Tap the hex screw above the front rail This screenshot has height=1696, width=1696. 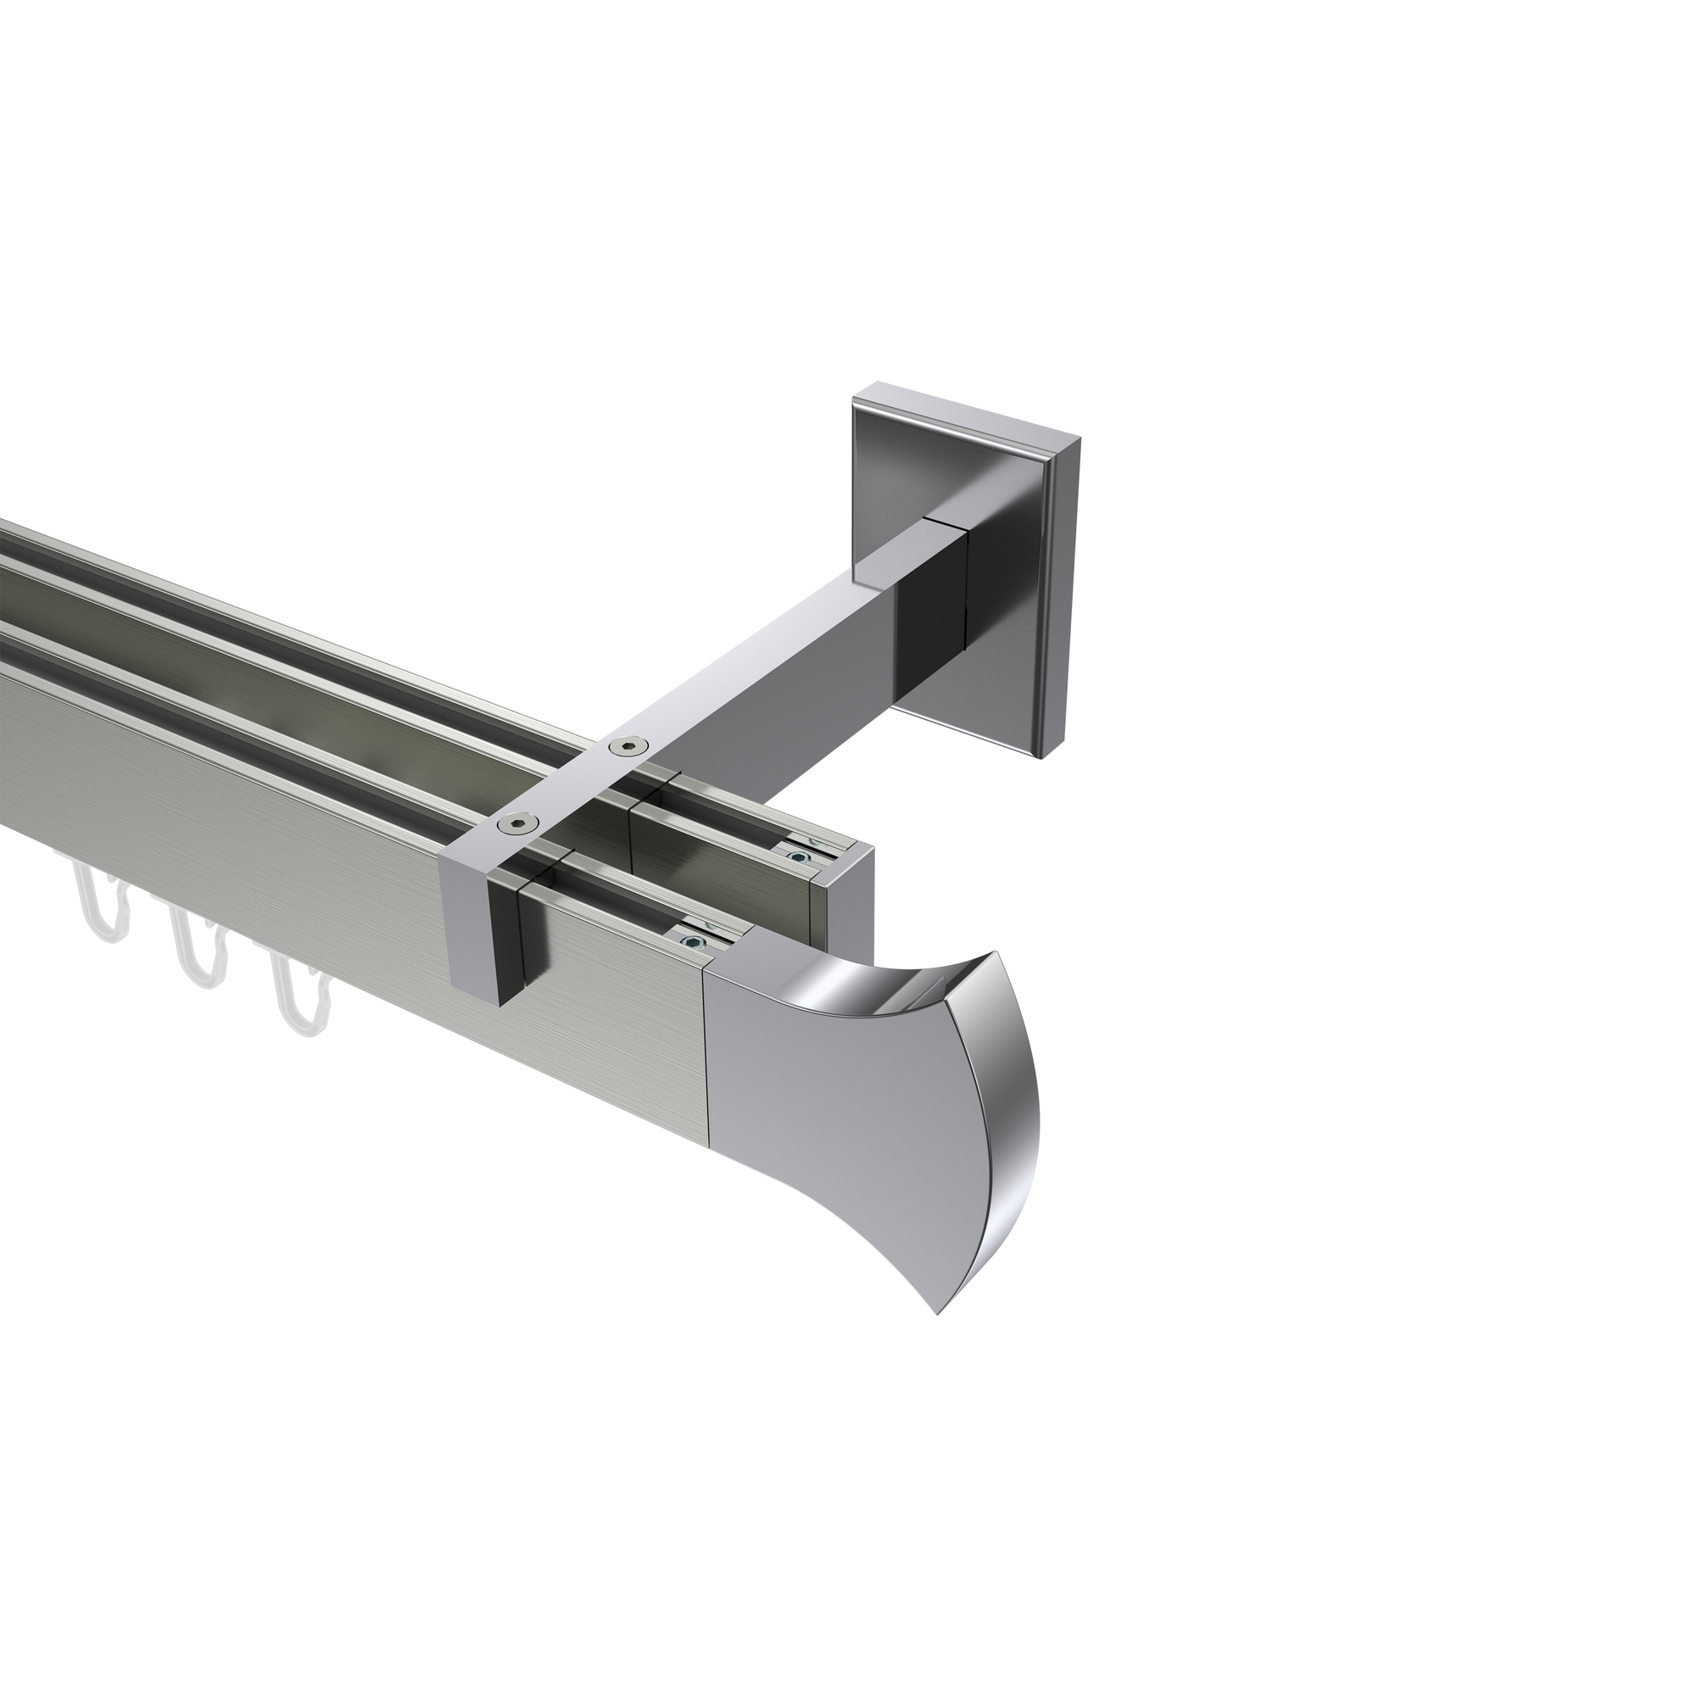(x=512, y=824)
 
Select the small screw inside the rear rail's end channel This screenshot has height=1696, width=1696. (x=797, y=856)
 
